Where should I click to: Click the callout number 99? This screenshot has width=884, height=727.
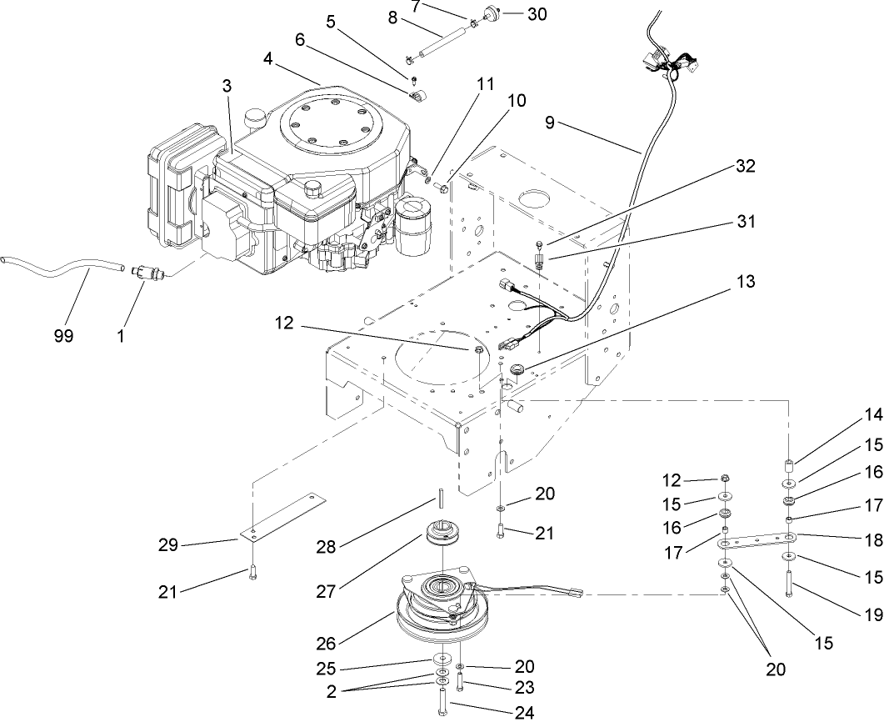tap(63, 336)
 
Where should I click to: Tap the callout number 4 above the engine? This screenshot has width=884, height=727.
tap(268, 59)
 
